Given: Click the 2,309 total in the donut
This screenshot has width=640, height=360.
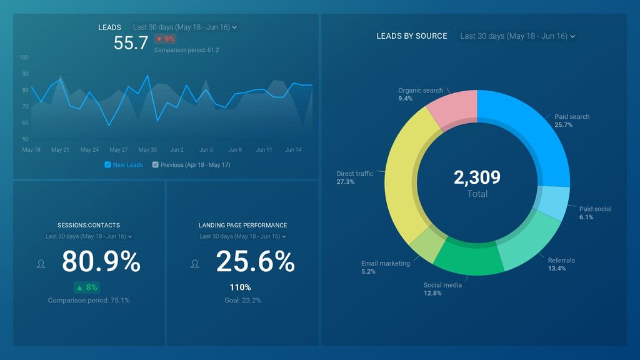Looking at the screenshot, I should (x=477, y=177).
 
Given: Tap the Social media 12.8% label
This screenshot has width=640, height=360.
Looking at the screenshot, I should (x=442, y=289).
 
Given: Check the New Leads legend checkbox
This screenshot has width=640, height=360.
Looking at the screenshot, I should (x=107, y=165).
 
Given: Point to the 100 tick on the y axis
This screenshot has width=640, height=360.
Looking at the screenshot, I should (x=24, y=57).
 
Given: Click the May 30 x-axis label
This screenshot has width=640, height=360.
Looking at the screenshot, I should (x=147, y=150).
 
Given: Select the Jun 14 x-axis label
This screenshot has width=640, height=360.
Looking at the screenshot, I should (x=294, y=150).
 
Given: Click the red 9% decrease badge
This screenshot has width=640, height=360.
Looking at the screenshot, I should (x=166, y=39).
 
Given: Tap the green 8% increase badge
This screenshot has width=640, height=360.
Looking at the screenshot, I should (x=86, y=287).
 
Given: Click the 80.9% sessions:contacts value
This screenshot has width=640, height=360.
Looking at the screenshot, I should (x=101, y=262).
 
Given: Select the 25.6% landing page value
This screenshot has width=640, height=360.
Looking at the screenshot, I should (x=254, y=262).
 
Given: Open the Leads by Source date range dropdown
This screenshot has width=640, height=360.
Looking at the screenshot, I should (x=517, y=36).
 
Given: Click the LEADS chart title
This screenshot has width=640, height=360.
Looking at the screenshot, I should (x=109, y=27).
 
